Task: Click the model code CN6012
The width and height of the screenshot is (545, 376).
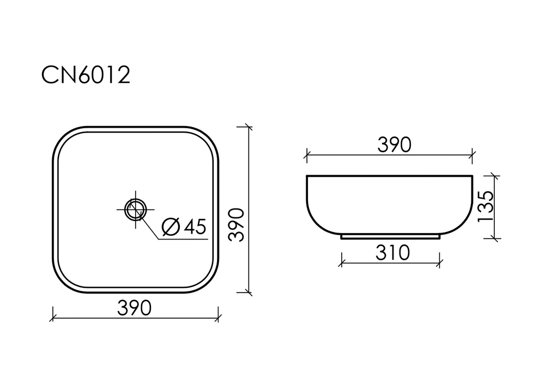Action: (x=86, y=76)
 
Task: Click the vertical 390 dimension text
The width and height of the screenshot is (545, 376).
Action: (x=236, y=225)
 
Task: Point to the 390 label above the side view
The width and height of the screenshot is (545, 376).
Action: (x=393, y=145)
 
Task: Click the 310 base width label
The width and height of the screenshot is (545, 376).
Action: (x=392, y=253)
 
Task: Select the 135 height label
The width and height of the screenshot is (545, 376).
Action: (x=485, y=206)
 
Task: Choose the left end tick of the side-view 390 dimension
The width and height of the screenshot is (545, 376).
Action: (x=307, y=155)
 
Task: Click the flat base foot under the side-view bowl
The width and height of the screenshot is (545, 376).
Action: (x=390, y=237)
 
